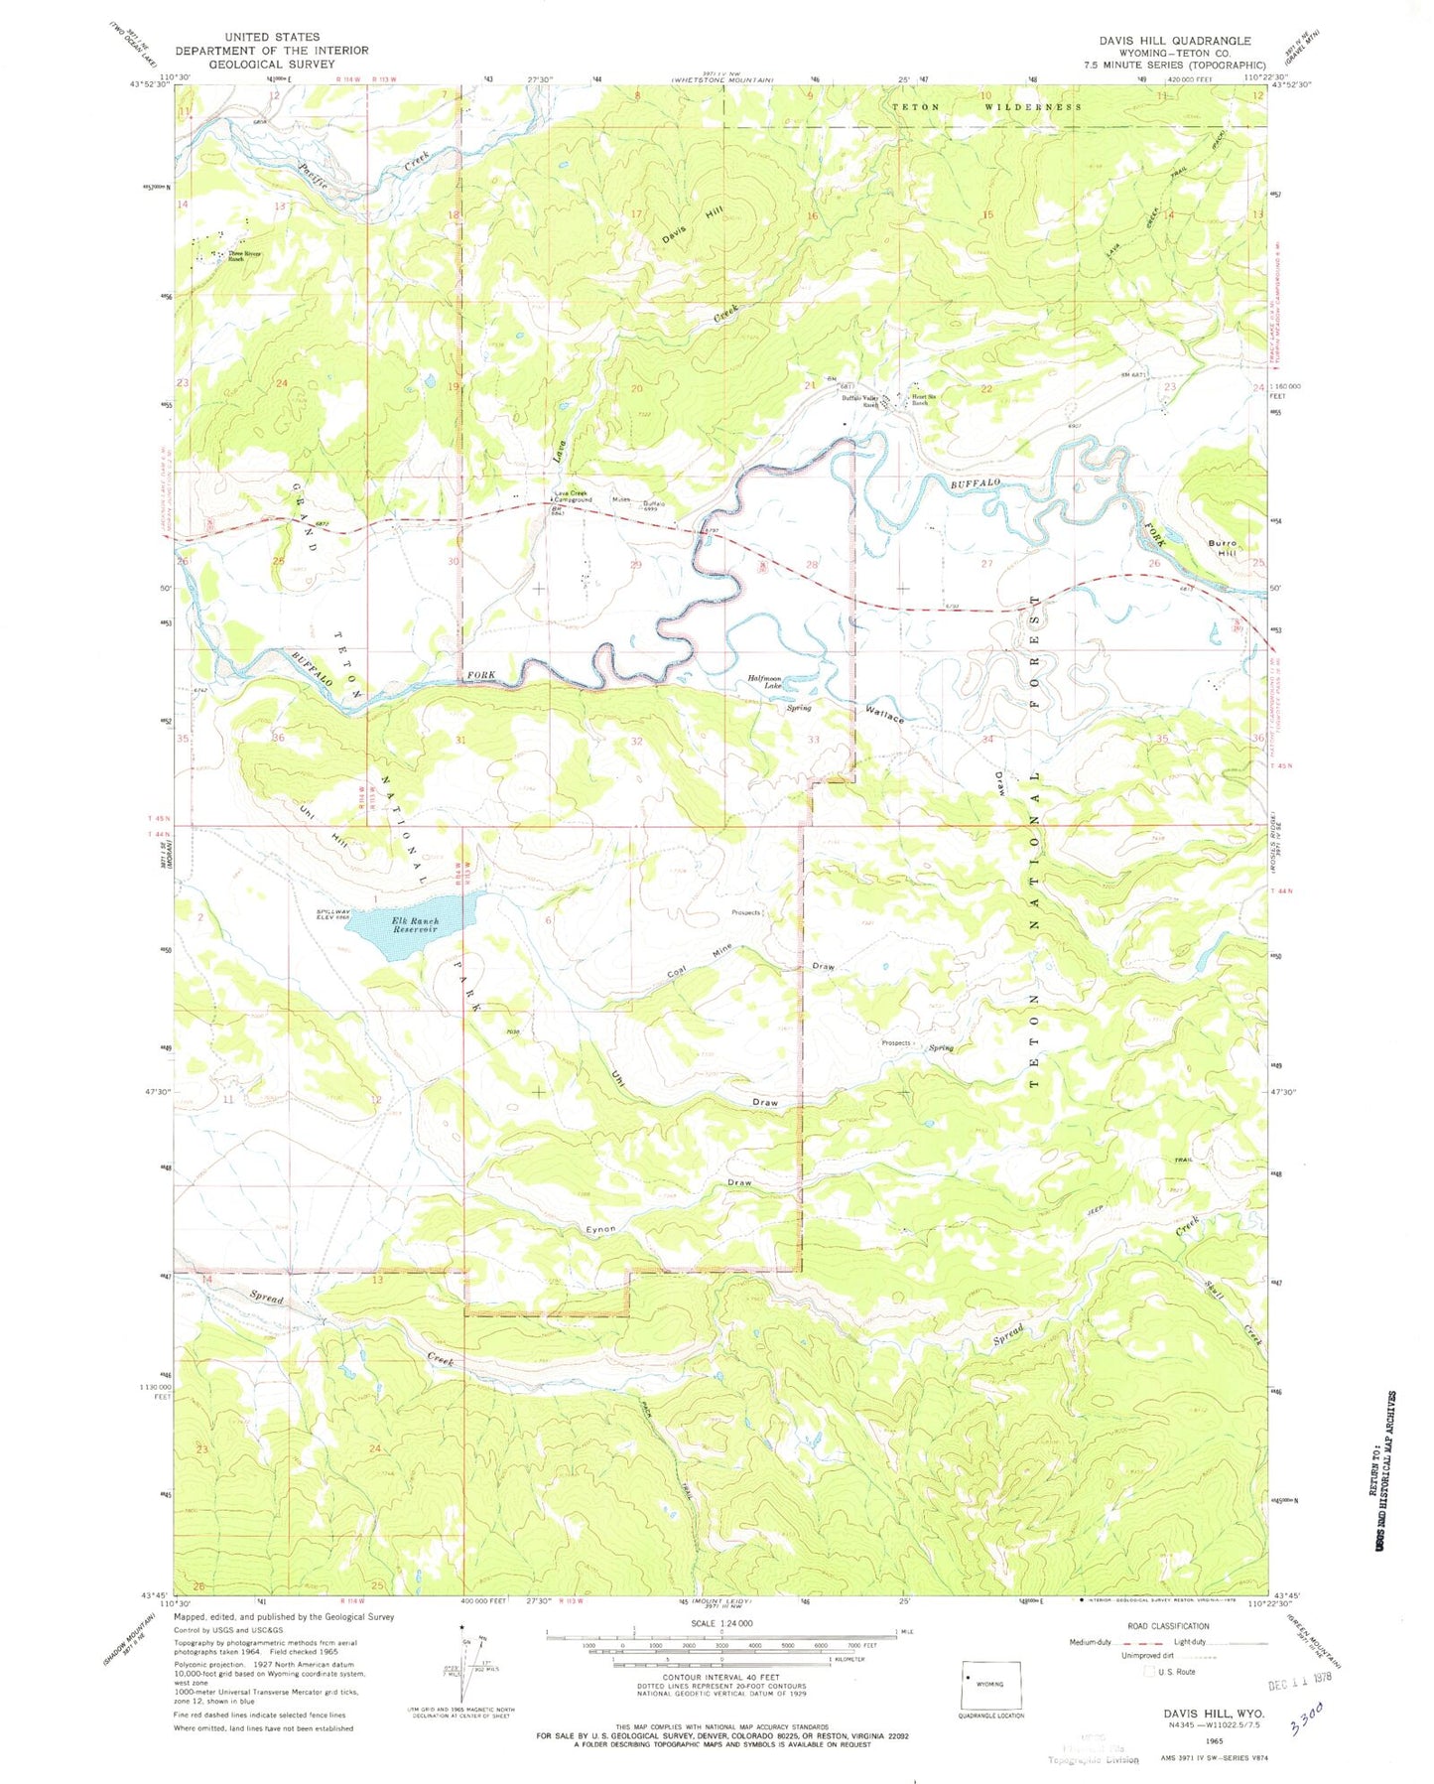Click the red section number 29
click(636, 564)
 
